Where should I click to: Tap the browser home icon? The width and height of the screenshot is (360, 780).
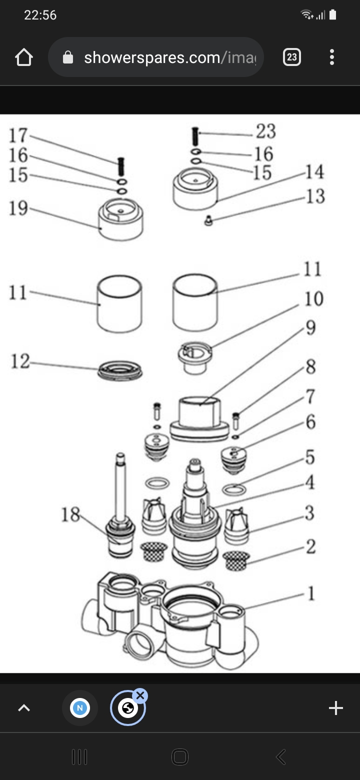[23, 57]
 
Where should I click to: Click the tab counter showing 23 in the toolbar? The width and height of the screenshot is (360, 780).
[292, 57]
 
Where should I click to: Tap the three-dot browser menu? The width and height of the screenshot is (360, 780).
[332, 57]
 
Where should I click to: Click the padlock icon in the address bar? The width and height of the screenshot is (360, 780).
[68, 57]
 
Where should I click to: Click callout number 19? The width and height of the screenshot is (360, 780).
[18, 208]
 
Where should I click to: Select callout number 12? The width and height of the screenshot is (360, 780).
[20, 361]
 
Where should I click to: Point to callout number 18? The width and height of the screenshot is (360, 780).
[70, 514]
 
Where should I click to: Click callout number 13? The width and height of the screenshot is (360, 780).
[315, 196]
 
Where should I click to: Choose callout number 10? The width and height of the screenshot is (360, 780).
[313, 298]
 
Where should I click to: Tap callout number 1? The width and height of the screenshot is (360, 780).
[311, 593]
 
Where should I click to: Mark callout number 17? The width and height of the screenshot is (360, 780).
[18, 135]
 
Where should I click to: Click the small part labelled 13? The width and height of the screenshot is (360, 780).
[208, 221]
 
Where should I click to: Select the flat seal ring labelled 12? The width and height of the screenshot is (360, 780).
[120, 370]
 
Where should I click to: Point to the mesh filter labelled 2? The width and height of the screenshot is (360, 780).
[236, 560]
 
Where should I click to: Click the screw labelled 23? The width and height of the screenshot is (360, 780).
[195, 136]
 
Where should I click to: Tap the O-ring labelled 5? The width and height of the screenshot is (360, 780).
[234, 489]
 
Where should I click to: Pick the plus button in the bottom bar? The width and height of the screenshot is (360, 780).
[335, 708]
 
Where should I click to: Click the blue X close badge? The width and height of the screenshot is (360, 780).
[140, 695]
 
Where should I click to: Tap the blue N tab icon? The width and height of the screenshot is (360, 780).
[79, 708]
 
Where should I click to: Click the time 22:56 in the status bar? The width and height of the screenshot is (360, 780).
[40, 15]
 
